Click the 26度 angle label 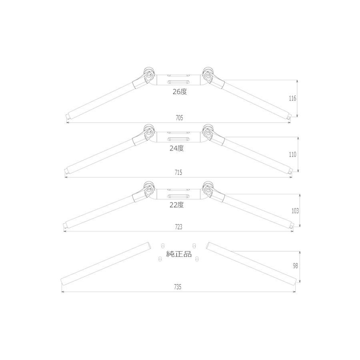point(180,92)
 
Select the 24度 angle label point(177,148)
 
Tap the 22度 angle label point(177,205)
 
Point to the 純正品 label point(179,254)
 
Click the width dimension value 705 point(179,118)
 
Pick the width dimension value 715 point(178,172)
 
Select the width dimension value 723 point(178,227)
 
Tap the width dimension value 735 point(178,287)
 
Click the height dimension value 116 point(292,98)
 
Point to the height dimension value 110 point(292,154)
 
